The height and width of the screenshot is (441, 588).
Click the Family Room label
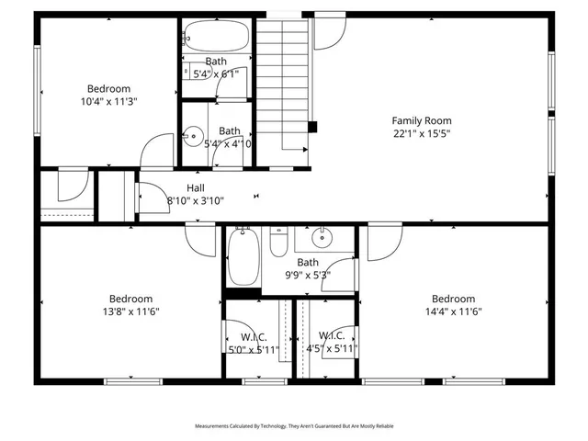coord(422,120)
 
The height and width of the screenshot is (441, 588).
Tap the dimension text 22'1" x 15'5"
coord(422,133)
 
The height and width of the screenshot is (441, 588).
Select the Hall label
coord(195,187)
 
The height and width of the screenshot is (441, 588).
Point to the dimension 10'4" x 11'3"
coord(108,102)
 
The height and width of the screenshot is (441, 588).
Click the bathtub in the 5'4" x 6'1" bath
coord(216,37)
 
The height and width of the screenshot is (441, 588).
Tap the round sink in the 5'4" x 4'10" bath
coord(192,137)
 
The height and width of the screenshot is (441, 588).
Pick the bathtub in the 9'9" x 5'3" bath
coord(243,258)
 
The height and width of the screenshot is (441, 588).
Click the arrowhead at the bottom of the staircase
coord(304,148)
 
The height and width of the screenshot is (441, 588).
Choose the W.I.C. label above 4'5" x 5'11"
coord(332,335)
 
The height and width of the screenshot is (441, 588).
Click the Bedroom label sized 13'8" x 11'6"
coord(130,299)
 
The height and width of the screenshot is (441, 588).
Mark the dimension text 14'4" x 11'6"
coord(453,311)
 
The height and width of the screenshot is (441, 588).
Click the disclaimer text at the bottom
coord(294,426)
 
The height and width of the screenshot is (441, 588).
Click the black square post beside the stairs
coord(313,127)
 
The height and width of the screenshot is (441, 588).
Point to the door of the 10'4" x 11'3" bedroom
coord(160,152)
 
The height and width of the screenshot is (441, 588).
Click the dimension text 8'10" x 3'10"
coord(195,200)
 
